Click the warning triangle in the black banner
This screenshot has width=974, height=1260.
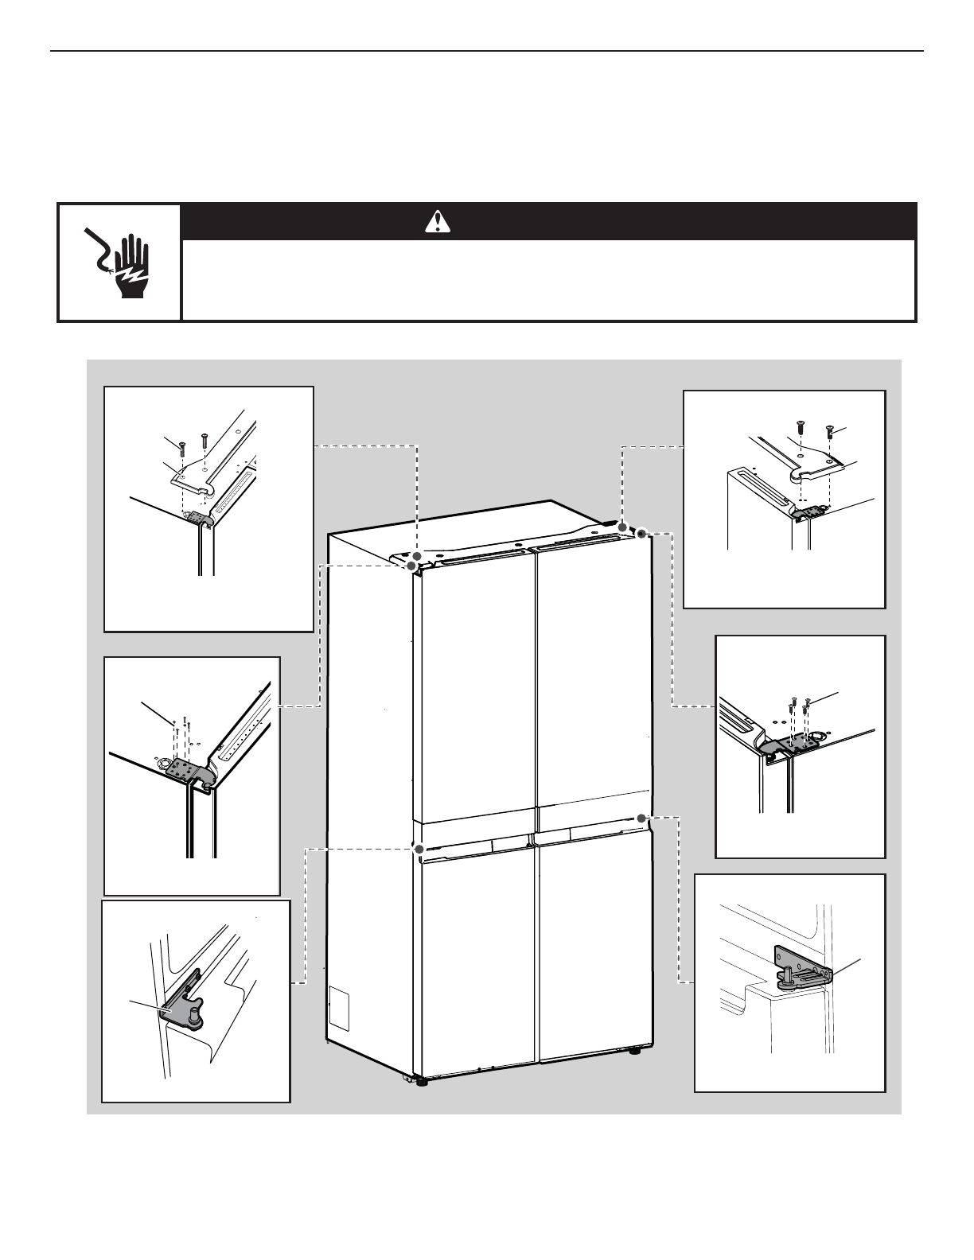pos(438,221)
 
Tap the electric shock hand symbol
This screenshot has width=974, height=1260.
pos(119,262)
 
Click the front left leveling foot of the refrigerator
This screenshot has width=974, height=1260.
pos(419,1081)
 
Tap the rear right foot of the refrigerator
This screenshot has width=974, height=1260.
pos(634,1051)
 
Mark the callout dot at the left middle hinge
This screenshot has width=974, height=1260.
pos(417,849)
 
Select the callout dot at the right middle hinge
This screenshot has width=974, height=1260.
pos(641,817)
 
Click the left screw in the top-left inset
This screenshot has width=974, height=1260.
pos(184,442)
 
